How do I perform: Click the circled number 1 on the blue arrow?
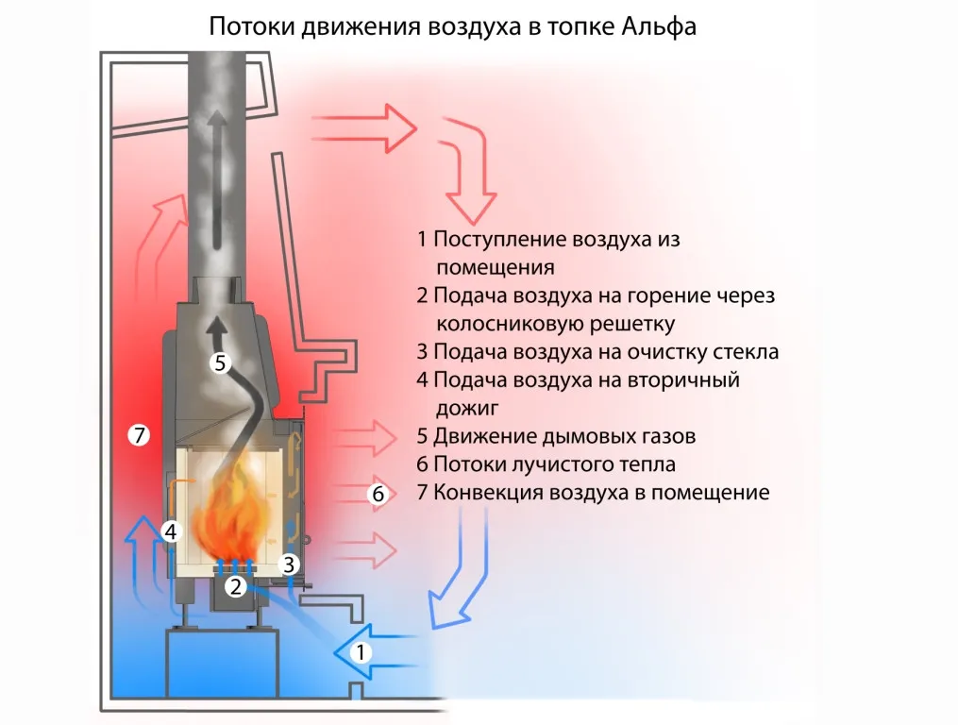pyautogui.click(x=361, y=651)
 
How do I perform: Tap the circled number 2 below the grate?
pyautogui.click(x=236, y=587)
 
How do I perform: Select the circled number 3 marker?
pyautogui.click(x=290, y=565)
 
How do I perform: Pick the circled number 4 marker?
pyautogui.click(x=170, y=531)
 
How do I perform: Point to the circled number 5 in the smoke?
pyautogui.click(x=220, y=362)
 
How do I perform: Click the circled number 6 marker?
pyautogui.click(x=377, y=494)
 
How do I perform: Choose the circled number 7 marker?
pyautogui.click(x=139, y=435)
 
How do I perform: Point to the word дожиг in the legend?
pyautogui.click(x=467, y=408)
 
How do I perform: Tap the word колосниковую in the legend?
pyautogui.click(x=501, y=325)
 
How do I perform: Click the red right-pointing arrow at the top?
pyautogui.click(x=363, y=126)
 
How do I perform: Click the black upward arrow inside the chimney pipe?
pyautogui.click(x=218, y=179)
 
